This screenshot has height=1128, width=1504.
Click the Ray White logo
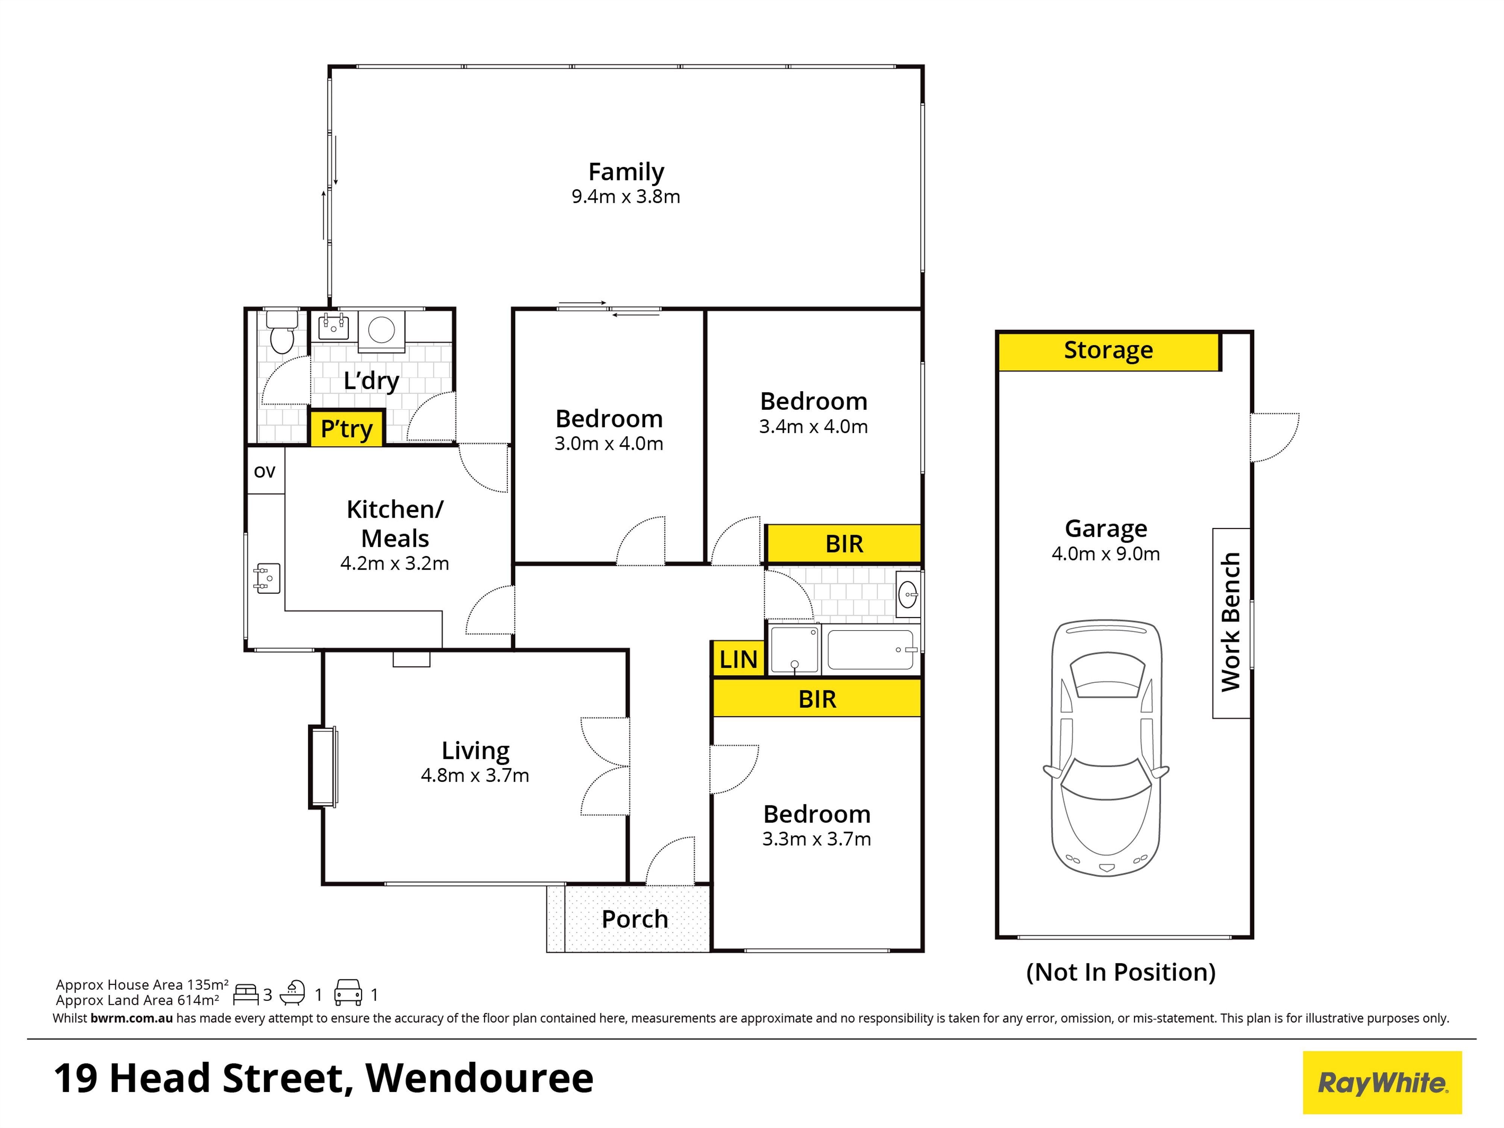pos(1382,1083)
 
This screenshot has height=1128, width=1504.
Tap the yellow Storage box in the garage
pos(1108,351)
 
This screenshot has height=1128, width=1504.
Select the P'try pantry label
pos(347,428)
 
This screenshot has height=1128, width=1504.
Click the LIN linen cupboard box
pos(738,659)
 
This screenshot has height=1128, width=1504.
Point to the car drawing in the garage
pos(1106,748)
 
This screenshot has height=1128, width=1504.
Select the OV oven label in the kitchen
pos(264,471)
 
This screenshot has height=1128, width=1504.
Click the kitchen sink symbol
pos(267,578)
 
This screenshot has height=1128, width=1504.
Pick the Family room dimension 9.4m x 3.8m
pos(626,197)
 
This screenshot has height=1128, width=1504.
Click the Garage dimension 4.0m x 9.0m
pos(1105,553)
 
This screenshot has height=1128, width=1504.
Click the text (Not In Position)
pos(1120,972)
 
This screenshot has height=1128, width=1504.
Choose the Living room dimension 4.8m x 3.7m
pos(475,775)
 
